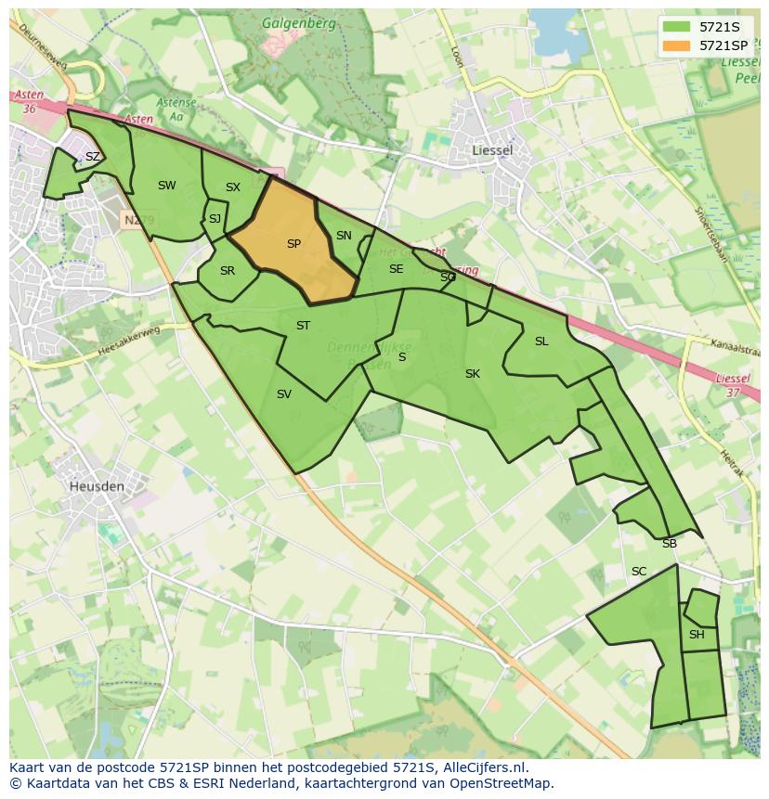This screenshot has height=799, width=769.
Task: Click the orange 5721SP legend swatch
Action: (x=677, y=45)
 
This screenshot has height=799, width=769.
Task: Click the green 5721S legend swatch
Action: (x=677, y=27)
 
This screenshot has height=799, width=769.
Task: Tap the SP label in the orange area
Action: (x=293, y=244)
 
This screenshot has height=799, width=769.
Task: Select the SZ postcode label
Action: (x=92, y=157)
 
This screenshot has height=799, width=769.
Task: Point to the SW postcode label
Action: (x=166, y=186)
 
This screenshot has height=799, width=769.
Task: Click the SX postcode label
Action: (x=233, y=187)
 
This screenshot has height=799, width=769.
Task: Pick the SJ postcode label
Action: (x=215, y=219)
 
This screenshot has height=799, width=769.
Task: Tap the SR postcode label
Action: (x=228, y=271)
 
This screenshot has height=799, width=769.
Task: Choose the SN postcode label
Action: (x=344, y=236)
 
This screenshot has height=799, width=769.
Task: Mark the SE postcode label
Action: (x=396, y=269)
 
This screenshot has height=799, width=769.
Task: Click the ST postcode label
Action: (x=303, y=326)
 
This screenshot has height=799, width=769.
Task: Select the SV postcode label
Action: (x=284, y=394)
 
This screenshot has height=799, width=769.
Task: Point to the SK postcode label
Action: (x=473, y=374)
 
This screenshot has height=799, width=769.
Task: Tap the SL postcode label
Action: (x=541, y=342)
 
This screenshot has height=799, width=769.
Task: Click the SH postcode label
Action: (x=697, y=635)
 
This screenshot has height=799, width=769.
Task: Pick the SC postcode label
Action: (x=639, y=572)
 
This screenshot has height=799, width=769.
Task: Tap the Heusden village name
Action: (x=96, y=485)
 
